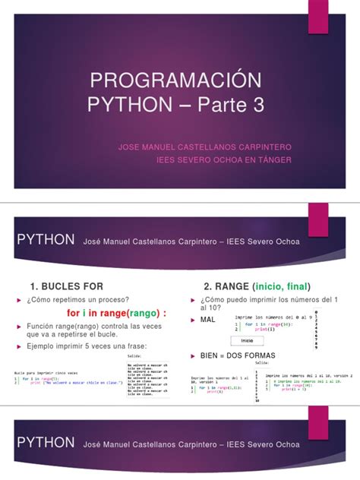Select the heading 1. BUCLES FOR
tap(65, 286)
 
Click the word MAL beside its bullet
tap(207, 321)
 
